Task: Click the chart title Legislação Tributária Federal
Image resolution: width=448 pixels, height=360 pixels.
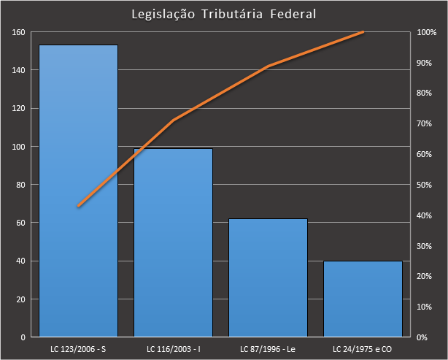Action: point(223,15)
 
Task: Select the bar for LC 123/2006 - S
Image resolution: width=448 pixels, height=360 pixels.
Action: point(78,190)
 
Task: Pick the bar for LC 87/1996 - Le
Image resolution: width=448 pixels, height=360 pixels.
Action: point(268,277)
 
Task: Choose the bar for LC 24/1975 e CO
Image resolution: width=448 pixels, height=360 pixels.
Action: point(363,299)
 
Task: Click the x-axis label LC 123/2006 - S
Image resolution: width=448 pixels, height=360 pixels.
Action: point(78,348)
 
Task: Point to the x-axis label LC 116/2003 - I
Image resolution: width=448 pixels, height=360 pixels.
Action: point(173,348)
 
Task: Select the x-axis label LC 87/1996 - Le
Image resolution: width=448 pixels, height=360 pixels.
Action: point(268,348)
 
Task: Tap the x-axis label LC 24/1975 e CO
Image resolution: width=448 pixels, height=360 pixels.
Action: point(363,348)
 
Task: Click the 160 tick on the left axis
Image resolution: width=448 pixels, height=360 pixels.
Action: point(18,32)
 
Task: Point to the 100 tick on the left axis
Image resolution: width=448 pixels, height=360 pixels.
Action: point(18,147)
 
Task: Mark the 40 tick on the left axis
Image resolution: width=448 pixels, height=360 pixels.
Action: point(20,261)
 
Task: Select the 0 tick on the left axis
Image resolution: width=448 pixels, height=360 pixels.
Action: point(23,337)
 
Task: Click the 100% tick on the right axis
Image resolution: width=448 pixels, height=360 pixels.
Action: point(427,32)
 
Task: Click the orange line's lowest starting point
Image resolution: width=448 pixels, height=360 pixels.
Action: point(78,207)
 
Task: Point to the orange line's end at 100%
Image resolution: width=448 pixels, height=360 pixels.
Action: point(363,32)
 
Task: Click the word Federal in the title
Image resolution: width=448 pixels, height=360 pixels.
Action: point(290,15)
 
